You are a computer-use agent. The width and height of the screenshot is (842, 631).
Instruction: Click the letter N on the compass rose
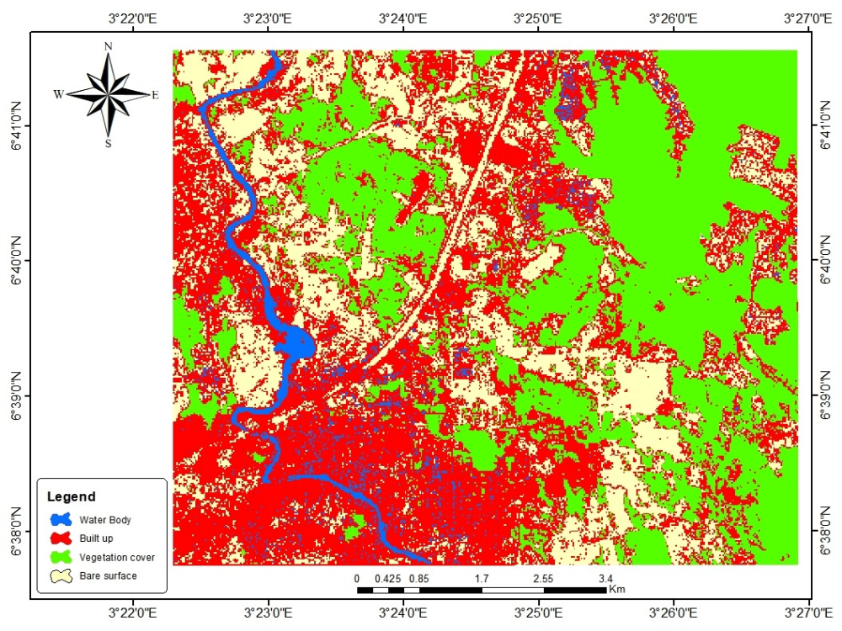(x=108, y=46)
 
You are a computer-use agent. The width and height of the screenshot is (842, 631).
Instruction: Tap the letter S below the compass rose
(x=108, y=143)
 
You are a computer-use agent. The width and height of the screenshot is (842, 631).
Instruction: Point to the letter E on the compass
(x=155, y=95)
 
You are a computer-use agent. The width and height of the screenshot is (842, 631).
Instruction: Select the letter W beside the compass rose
(x=58, y=95)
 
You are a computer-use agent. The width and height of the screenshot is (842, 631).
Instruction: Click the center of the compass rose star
(x=108, y=94)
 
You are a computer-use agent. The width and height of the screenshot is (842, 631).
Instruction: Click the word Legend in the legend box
(x=71, y=496)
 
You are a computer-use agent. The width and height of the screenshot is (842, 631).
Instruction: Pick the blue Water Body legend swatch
(x=60, y=520)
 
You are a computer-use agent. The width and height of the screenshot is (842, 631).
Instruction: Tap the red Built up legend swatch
(x=60, y=538)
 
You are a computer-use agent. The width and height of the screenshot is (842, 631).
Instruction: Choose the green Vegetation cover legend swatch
(x=60, y=557)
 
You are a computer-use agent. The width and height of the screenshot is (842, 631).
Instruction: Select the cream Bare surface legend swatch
(x=60, y=576)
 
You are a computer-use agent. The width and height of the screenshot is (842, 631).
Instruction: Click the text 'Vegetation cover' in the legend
(x=117, y=557)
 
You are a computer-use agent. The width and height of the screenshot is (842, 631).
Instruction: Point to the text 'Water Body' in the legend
(x=105, y=520)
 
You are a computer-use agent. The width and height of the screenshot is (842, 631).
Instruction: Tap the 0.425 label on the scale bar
(x=388, y=579)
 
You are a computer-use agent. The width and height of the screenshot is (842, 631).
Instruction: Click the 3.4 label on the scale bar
(x=605, y=579)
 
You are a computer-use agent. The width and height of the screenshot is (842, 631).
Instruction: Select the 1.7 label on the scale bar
(x=482, y=579)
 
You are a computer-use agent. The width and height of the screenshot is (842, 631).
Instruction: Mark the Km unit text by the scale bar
(x=616, y=589)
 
